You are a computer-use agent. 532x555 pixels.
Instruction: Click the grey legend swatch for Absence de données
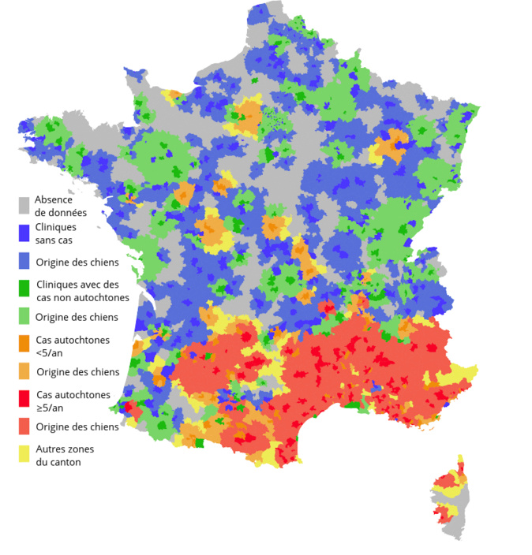tap(24, 206)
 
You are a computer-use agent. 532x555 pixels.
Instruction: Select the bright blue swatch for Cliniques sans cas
tap(24, 233)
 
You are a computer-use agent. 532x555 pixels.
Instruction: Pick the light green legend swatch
tap(24, 317)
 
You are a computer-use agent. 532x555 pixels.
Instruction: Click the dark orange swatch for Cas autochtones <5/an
tap(24, 345)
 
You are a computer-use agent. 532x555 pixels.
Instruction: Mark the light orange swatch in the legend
tap(24, 372)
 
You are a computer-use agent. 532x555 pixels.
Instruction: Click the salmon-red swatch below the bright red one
tap(24, 426)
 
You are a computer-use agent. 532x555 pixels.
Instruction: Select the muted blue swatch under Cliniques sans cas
tap(24, 262)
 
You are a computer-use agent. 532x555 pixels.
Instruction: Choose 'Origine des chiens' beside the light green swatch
tap(77, 317)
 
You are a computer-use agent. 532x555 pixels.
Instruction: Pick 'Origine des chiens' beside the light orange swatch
tap(77, 372)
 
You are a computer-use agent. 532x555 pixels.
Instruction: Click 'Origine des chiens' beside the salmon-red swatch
tap(77, 426)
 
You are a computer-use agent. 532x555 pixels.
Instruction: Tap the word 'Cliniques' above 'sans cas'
tap(57, 227)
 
